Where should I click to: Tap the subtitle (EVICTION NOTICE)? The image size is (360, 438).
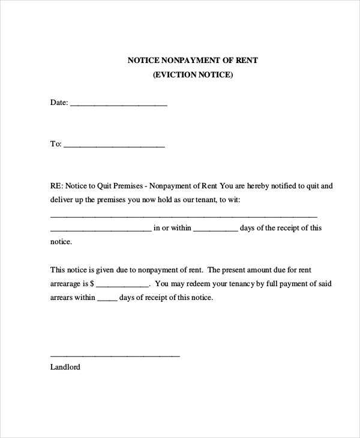(x=193, y=75)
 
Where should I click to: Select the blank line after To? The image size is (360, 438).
(x=113, y=145)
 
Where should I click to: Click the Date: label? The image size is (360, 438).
(x=59, y=103)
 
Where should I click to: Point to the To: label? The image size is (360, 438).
(x=56, y=144)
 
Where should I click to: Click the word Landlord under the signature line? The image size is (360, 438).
(x=65, y=367)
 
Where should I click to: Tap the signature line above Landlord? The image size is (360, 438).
(x=115, y=356)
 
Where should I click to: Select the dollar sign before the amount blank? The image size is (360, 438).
(x=92, y=284)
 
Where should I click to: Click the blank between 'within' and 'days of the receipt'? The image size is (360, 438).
(x=215, y=229)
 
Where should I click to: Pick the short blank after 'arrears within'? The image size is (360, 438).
(x=107, y=299)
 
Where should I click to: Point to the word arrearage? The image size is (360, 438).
(x=65, y=284)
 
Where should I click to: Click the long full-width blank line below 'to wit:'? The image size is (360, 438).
(x=184, y=215)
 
